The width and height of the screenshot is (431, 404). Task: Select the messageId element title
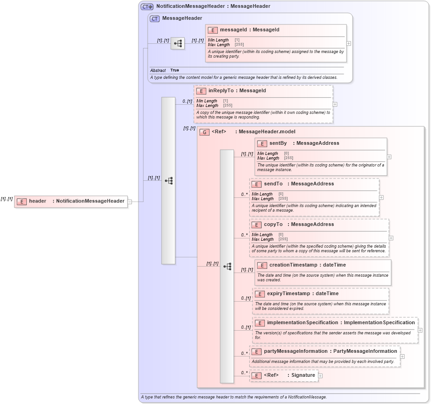249,30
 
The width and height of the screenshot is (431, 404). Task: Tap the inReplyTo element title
237,91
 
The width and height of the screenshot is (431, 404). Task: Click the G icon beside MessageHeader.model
204,132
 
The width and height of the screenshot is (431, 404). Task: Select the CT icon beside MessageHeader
155,18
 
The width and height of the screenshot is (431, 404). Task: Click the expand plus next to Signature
320,376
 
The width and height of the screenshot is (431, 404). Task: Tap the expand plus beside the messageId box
348,43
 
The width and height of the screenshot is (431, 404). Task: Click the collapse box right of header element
130,202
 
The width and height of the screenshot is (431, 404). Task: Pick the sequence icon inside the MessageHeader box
178,43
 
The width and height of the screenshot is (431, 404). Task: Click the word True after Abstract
174,71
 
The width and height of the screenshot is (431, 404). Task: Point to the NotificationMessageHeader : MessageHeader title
213,6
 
